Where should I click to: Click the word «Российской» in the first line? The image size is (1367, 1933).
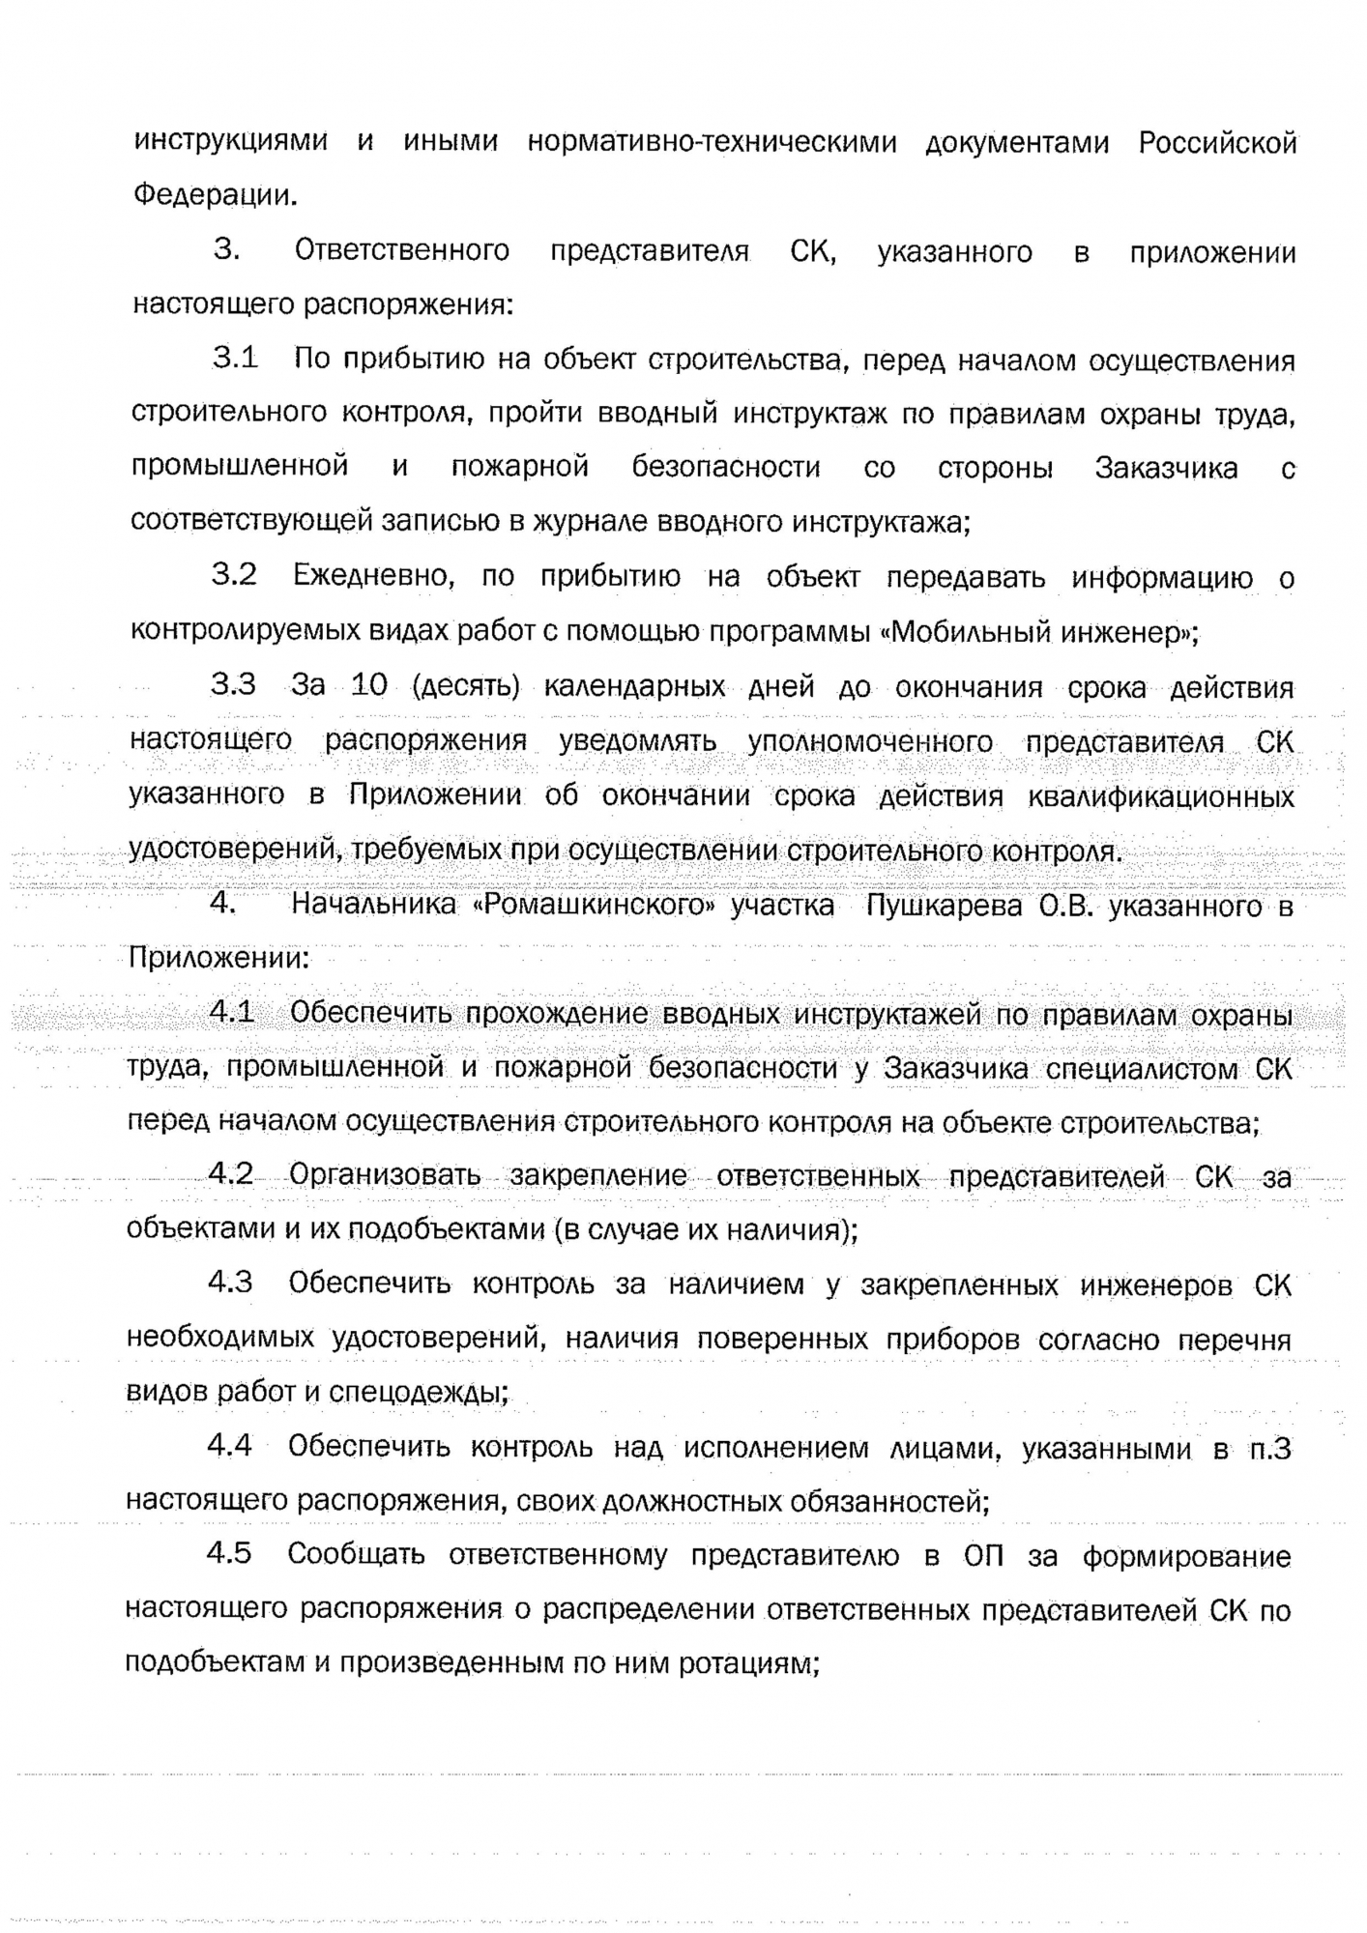click(1216, 144)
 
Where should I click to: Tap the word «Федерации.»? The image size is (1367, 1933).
click(215, 196)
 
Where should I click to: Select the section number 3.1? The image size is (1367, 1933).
click(235, 359)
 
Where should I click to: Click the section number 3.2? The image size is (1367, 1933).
click(234, 575)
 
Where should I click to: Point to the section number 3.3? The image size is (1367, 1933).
click(233, 685)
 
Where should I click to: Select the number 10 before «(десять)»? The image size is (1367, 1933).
click(368, 685)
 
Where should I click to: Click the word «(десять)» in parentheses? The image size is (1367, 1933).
click(466, 687)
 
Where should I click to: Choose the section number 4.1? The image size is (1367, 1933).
click(231, 1013)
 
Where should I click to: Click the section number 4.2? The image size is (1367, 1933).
click(230, 1174)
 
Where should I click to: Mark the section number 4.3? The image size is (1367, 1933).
click(230, 1283)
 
